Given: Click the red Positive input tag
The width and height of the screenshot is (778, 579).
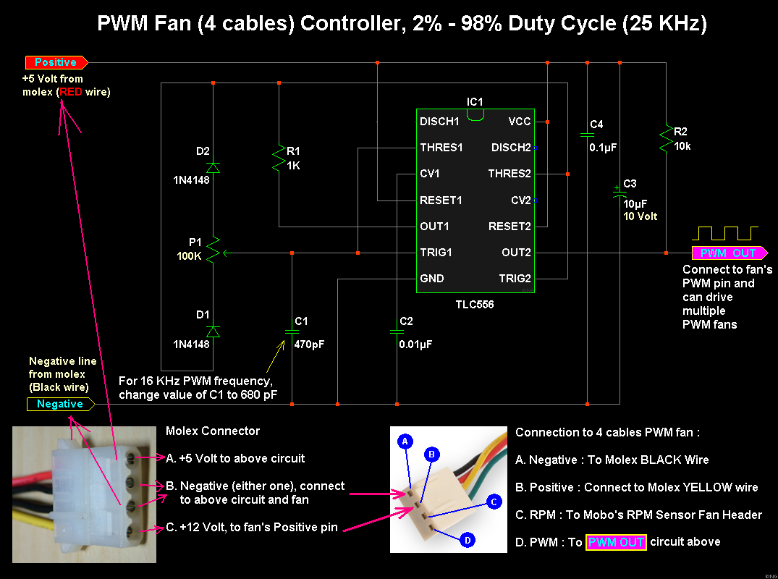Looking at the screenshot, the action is tap(56, 62).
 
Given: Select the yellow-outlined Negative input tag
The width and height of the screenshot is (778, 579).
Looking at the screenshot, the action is tap(60, 404).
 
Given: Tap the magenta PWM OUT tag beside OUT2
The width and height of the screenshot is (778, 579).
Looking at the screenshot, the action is tap(730, 253).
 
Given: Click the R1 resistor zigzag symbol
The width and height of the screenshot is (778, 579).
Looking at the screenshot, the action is tap(279, 158).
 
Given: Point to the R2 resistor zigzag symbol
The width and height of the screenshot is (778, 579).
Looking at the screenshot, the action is tap(666, 138).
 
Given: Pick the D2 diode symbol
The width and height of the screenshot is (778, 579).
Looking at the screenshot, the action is tap(213, 167).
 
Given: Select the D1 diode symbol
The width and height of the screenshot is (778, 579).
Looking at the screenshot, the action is tap(213, 331).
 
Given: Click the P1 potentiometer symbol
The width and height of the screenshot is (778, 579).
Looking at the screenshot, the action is tap(214, 250).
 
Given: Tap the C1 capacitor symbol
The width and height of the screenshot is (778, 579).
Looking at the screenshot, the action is tap(292, 331).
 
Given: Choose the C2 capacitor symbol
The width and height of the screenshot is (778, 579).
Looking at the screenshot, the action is tap(397, 331).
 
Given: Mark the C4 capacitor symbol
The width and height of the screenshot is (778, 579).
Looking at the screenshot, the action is tap(587, 134).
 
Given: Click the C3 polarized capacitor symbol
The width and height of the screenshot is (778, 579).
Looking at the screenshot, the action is tap(620, 193).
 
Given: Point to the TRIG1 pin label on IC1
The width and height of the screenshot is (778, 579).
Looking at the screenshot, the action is tap(436, 253).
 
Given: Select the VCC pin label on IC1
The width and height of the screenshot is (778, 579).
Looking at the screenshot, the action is tap(520, 122).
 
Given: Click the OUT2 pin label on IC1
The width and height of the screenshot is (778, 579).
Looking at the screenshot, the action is tap(516, 253).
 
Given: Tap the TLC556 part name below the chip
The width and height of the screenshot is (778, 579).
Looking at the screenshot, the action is tap(475, 305).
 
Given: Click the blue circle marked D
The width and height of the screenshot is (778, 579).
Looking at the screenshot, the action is tap(468, 540).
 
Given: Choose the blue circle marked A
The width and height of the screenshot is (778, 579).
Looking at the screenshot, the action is tap(405, 441).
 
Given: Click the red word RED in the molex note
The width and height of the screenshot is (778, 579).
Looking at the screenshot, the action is tap(71, 92).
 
